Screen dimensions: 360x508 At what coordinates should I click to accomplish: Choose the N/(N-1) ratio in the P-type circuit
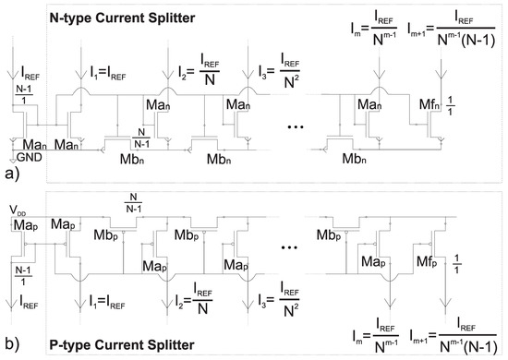pyautogui.click(x=135, y=205)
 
